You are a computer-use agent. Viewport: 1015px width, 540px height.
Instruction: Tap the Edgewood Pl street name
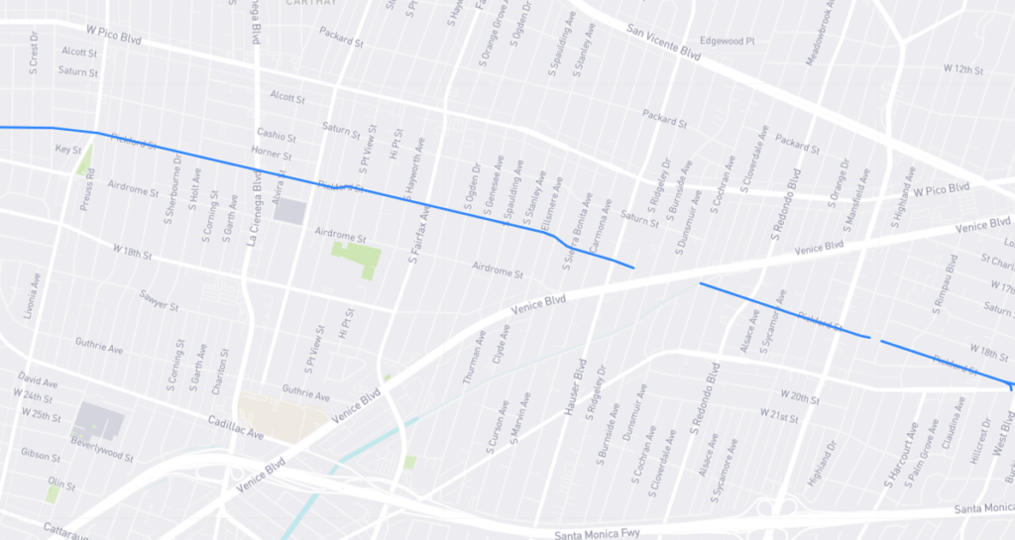point(728,42)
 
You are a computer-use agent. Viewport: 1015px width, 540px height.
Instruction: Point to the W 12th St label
point(962,70)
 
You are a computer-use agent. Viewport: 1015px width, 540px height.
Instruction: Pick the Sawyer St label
point(159,300)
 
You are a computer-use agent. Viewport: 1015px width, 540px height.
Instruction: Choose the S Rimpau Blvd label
point(939,285)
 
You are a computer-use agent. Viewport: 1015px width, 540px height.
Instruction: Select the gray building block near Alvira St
point(289,210)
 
